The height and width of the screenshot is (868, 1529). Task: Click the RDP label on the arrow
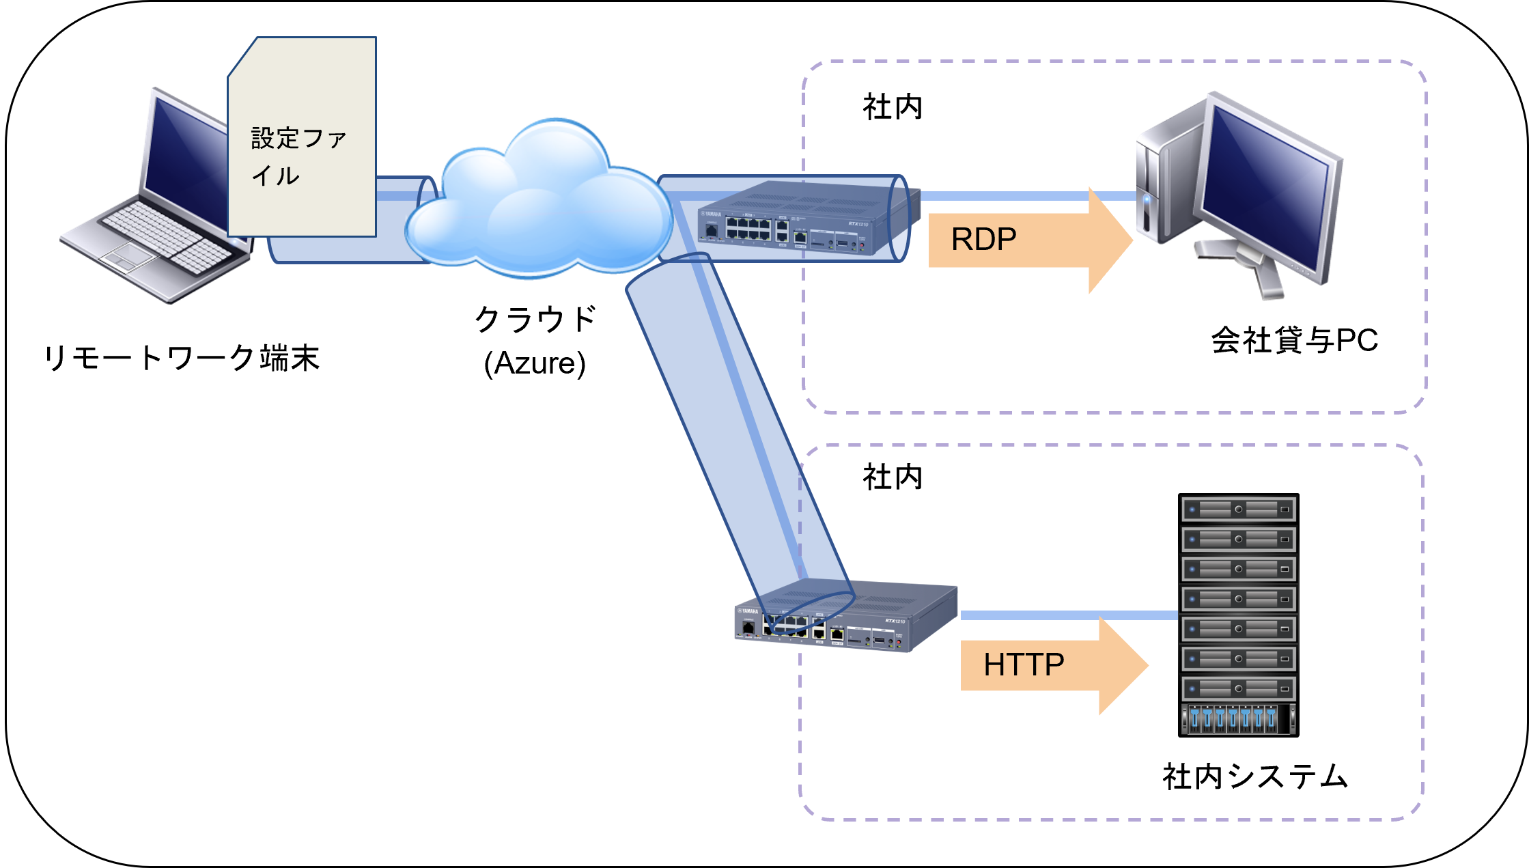click(983, 239)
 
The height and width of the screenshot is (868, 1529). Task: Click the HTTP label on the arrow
click(1023, 664)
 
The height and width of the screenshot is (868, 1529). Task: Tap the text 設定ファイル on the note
click(298, 156)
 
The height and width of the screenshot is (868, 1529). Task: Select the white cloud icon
click(539, 205)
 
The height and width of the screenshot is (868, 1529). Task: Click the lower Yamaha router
click(847, 618)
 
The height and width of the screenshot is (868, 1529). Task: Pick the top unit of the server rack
click(1238, 509)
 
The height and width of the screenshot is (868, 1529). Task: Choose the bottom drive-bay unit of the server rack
click(1238, 719)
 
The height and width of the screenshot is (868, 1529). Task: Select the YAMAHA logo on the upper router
click(711, 214)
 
